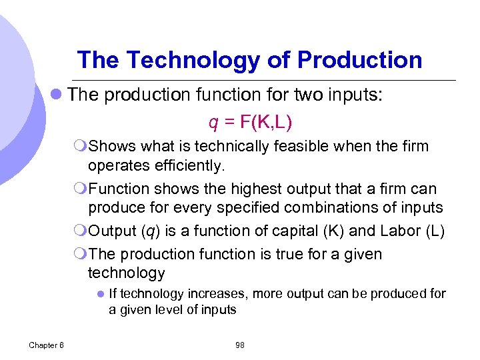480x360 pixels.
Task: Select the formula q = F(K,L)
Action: pyautogui.click(x=250, y=123)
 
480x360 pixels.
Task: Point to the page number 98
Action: pyautogui.click(x=240, y=345)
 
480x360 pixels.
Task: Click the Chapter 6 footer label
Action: pyautogui.click(x=47, y=345)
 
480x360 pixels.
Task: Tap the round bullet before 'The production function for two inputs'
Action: pyautogui.click(x=58, y=95)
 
